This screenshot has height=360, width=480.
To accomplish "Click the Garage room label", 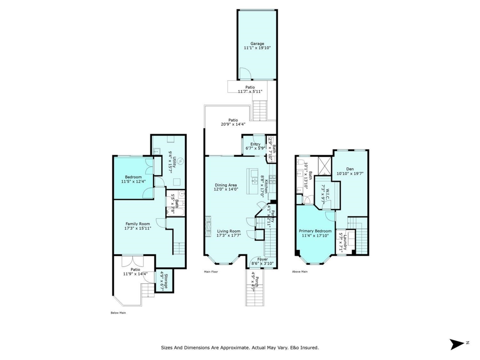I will pos(257,44).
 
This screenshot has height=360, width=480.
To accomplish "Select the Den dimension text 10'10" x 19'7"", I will pos(350,174).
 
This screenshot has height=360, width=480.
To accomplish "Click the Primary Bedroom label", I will pos(315,231).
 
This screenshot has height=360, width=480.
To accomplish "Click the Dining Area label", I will pos(226,185).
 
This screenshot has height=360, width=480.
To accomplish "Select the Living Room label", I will pos(228,231).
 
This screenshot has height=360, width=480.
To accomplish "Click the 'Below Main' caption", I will pos(118,313).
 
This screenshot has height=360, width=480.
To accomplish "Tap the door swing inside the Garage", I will pos(245,73).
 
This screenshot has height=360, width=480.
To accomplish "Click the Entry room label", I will pos(255,144).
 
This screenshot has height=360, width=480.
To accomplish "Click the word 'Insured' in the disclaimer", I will pos(308,348).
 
